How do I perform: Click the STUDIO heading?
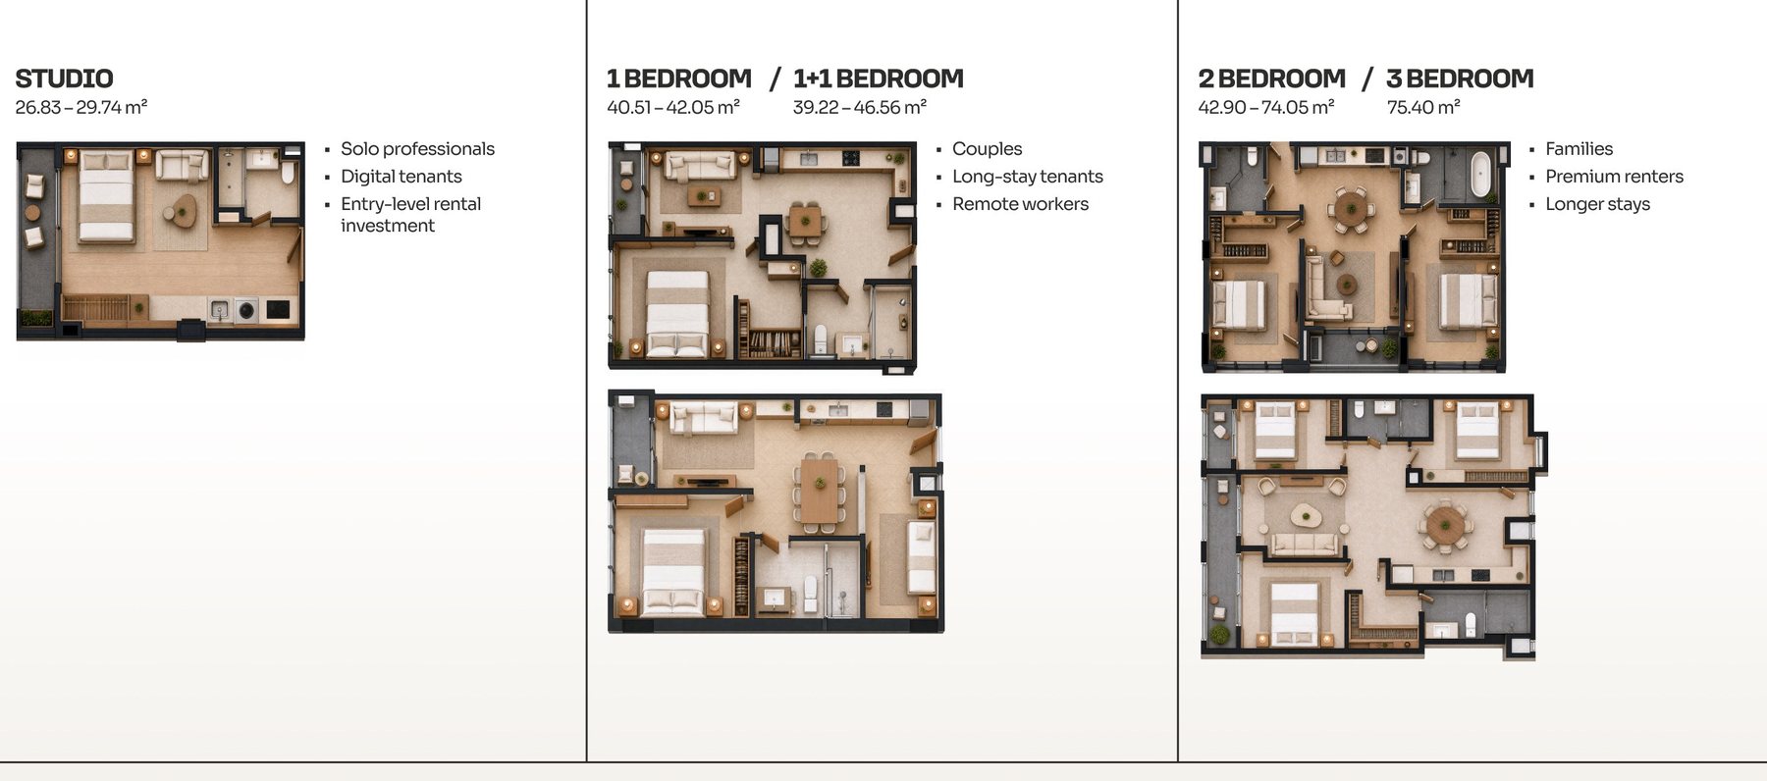[x=64, y=78]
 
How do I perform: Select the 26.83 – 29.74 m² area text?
[x=81, y=107]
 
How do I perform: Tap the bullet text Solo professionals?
[x=417, y=149]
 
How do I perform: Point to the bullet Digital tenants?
[x=401, y=177]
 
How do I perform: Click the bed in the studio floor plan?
[x=106, y=196]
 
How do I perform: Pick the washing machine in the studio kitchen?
[x=245, y=311]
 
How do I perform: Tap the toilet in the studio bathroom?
[x=288, y=173]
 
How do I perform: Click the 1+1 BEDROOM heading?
[x=879, y=78]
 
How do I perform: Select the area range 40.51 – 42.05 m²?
[x=673, y=107]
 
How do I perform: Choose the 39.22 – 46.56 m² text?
[x=860, y=107]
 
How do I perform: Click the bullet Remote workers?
[x=1020, y=204]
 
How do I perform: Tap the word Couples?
[x=987, y=149]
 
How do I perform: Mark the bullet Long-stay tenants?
[x=1027, y=177]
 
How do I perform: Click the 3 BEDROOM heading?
[x=1460, y=78]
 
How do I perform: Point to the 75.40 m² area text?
[x=1423, y=107]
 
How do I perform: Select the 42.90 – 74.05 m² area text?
[x=1266, y=107]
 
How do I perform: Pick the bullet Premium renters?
[x=1614, y=177]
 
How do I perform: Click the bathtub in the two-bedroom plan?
[x=1479, y=174]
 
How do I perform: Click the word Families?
[x=1579, y=149]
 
